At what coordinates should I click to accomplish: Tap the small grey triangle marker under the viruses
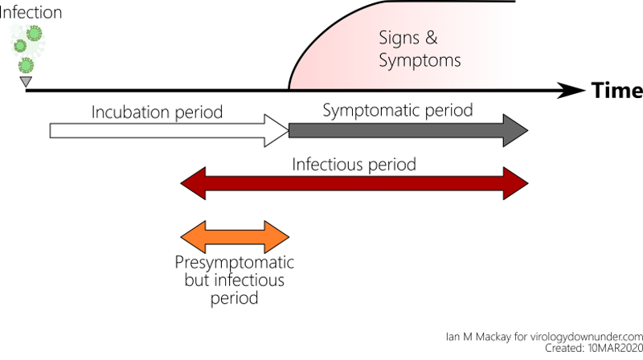coord(26,81)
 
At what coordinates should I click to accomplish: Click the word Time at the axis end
coord(616,90)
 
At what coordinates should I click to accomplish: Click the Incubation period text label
coord(156,112)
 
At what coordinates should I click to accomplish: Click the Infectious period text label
coord(354,165)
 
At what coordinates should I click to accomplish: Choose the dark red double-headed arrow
coord(354,185)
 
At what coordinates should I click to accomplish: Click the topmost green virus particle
coord(35,33)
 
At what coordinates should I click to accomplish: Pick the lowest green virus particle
coord(27,65)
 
